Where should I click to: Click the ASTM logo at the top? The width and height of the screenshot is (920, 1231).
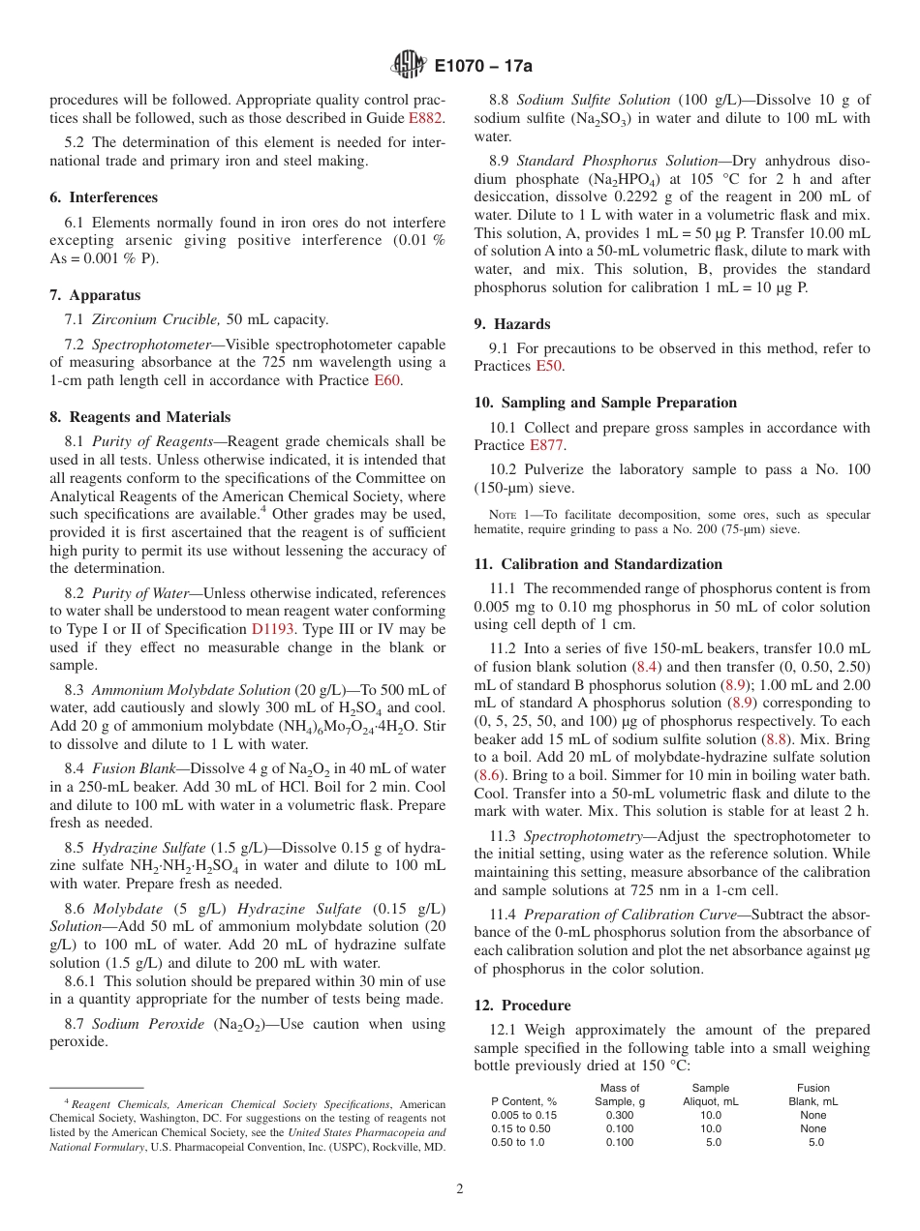408,65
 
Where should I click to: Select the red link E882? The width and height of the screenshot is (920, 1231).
425,118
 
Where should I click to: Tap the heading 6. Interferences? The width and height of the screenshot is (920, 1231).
104,197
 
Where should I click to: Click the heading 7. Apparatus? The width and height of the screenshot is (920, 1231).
95,295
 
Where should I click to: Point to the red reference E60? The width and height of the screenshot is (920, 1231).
385,380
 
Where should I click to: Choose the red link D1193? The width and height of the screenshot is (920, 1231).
272,629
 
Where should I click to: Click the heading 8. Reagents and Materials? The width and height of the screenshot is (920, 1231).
139,417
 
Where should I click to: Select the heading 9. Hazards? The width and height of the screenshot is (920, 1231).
511,324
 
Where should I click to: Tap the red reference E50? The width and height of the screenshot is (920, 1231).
549,366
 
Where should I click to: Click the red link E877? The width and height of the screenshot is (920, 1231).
546,445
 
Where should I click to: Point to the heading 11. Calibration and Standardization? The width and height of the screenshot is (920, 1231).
598,564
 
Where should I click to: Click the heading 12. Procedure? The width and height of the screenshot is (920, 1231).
522,1006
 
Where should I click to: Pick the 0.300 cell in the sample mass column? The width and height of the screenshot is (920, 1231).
620,1115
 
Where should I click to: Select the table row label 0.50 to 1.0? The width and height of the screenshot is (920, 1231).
517,1142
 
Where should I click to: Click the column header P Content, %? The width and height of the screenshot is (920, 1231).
524,1101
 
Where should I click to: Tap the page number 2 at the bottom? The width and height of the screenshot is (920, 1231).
460,1189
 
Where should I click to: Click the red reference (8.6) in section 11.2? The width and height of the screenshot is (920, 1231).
490,774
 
